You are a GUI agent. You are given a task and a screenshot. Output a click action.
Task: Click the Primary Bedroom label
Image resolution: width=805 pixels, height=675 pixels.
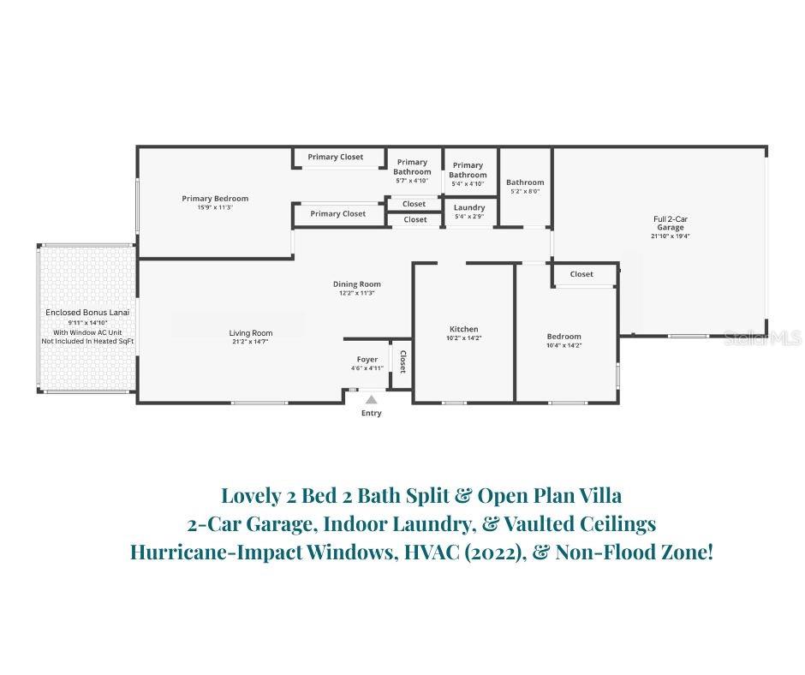click(x=215, y=199)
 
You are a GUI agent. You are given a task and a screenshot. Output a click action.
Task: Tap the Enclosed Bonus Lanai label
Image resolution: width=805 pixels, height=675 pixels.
click(x=87, y=313)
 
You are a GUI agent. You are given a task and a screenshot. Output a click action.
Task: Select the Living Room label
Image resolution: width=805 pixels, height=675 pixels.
click(x=250, y=333)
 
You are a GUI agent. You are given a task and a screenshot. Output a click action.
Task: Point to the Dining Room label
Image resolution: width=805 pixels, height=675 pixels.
click(x=357, y=284)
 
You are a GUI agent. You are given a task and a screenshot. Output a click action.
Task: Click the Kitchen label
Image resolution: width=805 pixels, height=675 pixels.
click(x=463, y=329)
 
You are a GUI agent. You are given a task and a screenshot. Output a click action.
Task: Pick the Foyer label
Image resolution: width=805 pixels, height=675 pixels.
click(x=367, y=360)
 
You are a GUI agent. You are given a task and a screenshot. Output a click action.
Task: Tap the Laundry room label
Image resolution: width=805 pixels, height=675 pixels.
click(x=469, y=207)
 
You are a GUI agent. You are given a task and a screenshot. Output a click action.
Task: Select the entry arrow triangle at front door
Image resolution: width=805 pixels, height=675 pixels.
click(x=371, y=398)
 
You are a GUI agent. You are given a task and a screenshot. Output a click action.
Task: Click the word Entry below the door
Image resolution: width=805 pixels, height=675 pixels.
click(x=371, y=414)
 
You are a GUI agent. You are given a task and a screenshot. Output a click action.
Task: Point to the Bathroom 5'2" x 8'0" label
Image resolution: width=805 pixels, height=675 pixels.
click(x=525, y=182)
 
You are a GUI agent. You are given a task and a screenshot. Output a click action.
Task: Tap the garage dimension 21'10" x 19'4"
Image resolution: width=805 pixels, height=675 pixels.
click(x=671, y=236)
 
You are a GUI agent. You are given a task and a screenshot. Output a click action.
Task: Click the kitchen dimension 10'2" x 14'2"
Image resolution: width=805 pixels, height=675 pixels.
click(x=463, y=338)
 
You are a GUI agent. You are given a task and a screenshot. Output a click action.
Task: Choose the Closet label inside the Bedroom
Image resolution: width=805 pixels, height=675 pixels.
click(x=581, y=274)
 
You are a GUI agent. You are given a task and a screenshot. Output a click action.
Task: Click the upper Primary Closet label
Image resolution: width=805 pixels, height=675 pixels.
click(x=336, y=157)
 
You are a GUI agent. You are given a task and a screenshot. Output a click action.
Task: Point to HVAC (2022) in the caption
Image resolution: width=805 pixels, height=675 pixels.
click(x=472, y=553)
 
